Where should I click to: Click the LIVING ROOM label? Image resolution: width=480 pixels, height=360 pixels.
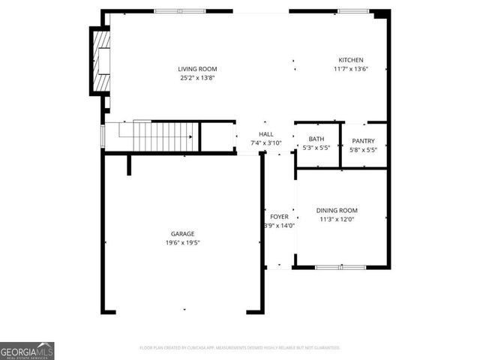click(198, 69)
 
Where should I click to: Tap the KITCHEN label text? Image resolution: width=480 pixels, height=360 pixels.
click(350, 60)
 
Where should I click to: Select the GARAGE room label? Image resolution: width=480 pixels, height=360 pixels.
click(182, 234)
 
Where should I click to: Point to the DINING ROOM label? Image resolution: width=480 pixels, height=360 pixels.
click(337, 211)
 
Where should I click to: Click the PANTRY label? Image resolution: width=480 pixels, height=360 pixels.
click(363, 141)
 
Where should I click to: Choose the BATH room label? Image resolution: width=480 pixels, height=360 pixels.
click(316, 139)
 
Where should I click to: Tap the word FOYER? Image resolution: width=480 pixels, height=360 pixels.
click(279, 217)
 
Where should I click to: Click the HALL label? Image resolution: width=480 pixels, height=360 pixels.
click(266, 134)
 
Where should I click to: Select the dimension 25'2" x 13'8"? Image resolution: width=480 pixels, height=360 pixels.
click(198, 78)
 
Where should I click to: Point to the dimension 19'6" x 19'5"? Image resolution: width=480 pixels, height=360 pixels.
click(182, 243)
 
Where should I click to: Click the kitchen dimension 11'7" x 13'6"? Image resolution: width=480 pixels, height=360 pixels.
click(350, 69)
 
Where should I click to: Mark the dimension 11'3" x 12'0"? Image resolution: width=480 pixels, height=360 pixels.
click(337, 220)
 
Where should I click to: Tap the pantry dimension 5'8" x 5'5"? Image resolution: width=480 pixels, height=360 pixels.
click(363, 150)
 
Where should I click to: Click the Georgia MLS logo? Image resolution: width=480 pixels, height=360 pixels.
click(27, 350)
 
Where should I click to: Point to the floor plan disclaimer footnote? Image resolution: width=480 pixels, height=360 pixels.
click(239, 348)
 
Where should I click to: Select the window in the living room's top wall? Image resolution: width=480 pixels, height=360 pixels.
click(179, 11)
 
